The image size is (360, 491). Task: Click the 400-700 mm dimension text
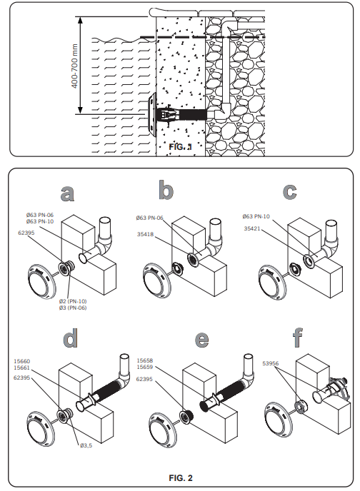click(74, 66)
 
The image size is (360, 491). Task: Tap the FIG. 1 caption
click(181, 146)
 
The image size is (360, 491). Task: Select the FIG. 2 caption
click(181, 478)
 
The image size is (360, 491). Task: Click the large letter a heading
click(67, 193)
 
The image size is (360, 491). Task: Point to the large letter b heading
click(166, 190)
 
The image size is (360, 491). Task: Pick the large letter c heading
click(289, 191)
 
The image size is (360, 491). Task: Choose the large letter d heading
click(70, 338)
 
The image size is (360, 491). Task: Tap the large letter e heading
click(201, 339)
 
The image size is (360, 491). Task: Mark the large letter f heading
click(298, 338)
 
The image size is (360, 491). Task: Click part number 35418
click(146, 234)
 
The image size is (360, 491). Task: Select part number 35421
click(252, 228)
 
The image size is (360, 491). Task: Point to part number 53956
click(271, 363)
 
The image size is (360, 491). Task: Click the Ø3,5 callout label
click(86, 445)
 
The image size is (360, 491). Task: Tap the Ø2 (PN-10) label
click(73, 301)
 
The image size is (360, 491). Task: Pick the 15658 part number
click(145, 360)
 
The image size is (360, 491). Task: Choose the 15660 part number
click(22, 361)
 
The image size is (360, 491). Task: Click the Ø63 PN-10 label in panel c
click(256, 216)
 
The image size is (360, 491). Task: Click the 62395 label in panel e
click(144, 379)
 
